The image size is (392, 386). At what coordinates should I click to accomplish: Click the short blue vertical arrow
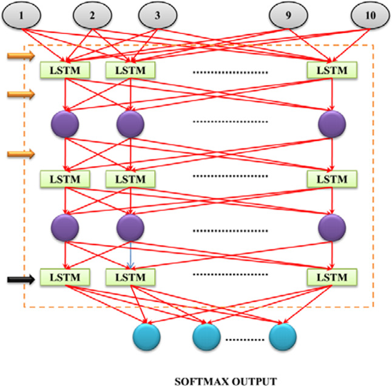(130, 255)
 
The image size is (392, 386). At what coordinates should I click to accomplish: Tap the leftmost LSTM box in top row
(66, 70)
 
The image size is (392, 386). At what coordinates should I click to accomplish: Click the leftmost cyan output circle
(146, 337)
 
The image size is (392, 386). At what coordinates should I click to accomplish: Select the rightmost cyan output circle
(283, 337)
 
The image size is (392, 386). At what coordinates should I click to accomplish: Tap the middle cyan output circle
(207, 337)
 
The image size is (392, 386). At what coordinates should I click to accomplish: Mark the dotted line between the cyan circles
(245, 338)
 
